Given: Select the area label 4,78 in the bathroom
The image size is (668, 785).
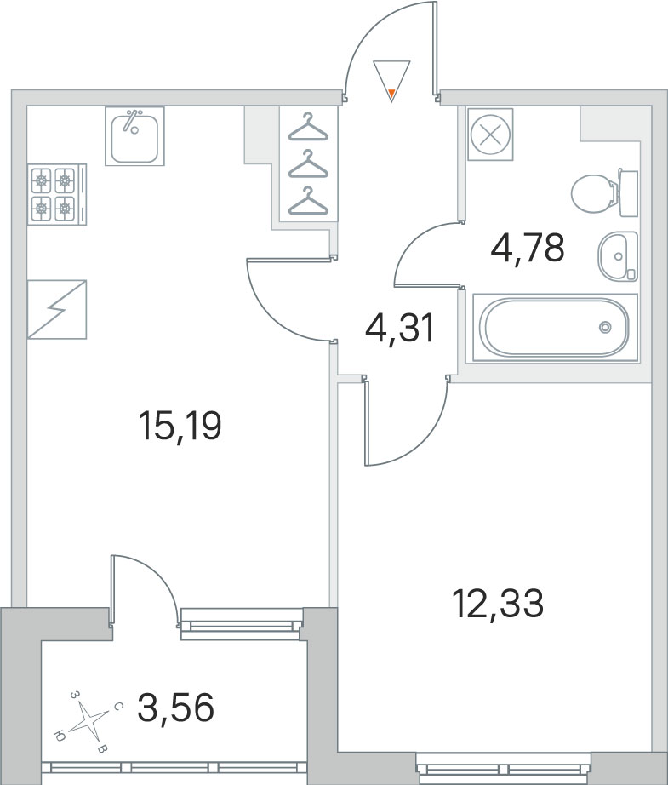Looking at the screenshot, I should pyautogui.click(x=528, y=249).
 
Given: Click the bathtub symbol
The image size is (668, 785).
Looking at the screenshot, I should pyautogui.click(x=554, y=327).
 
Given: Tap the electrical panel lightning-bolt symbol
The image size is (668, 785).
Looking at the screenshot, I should pyautogui.click(x=57, y=309).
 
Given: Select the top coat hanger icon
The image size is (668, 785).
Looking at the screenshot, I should pyautogui.click(x=307, y=129).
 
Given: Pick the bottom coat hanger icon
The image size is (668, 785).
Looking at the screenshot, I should pyautogui.click(x=307, y=203).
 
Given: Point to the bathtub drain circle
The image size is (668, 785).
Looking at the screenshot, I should pyautogui.click(x=605, y=327).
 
